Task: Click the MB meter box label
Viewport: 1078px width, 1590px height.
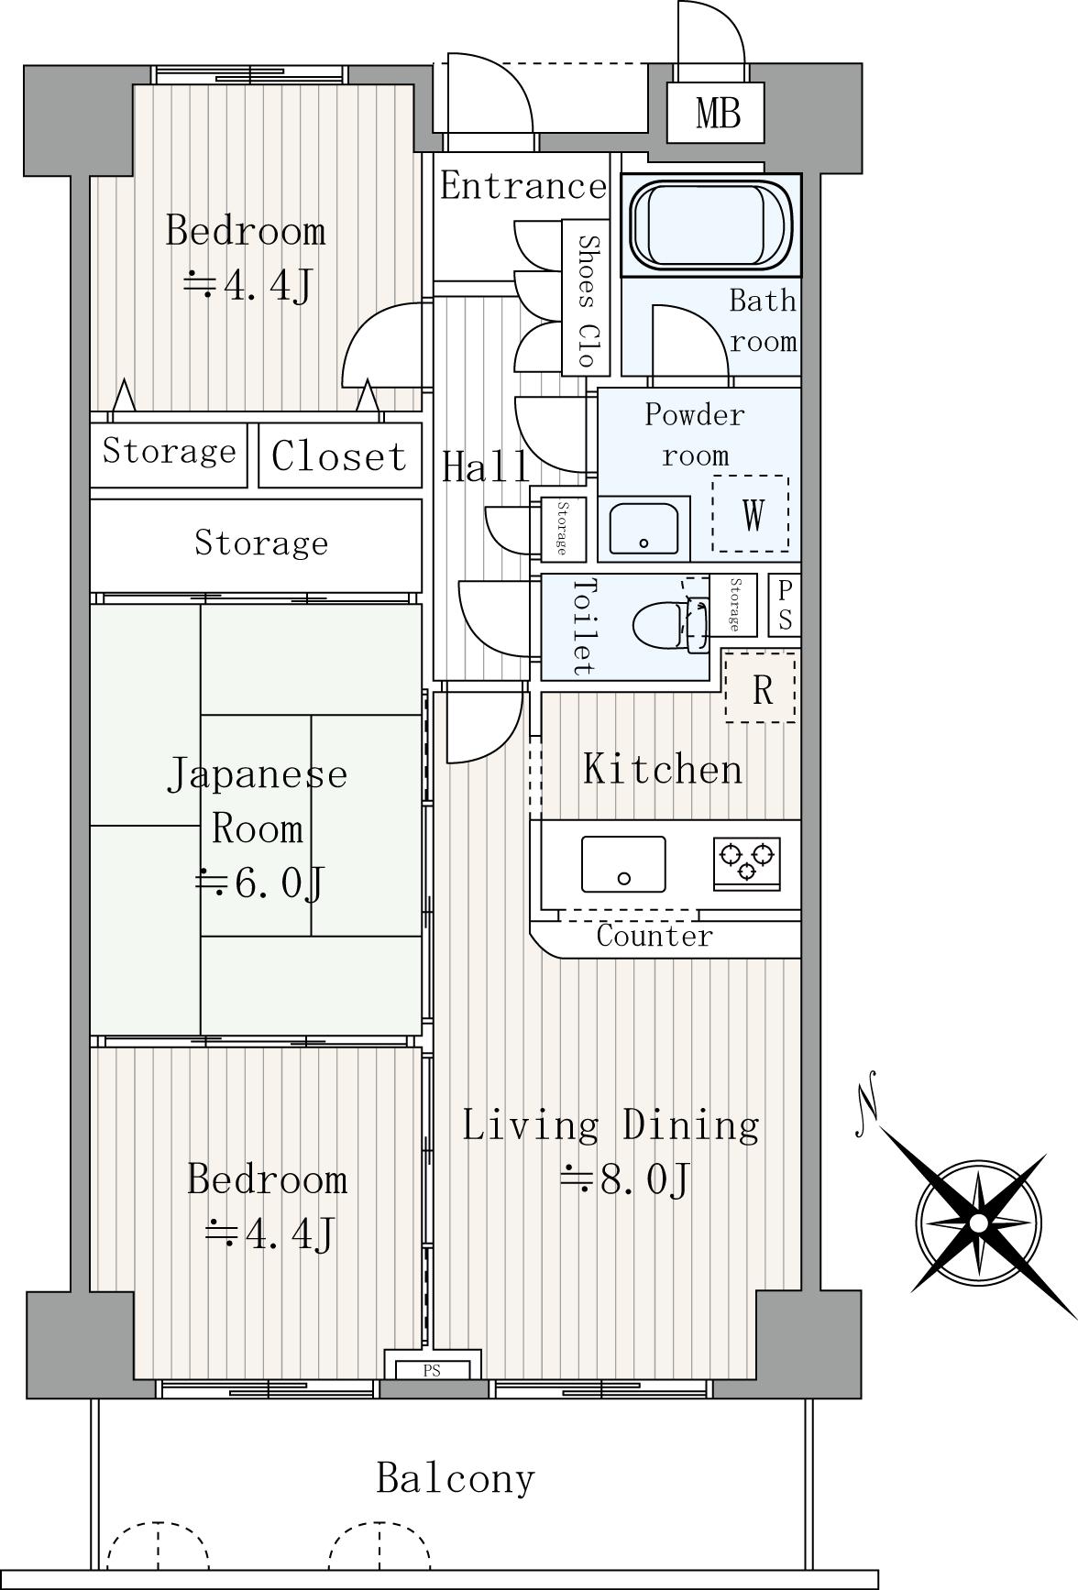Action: point(717,114)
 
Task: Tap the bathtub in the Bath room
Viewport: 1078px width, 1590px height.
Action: point(711,225)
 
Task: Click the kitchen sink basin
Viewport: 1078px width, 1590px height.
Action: point(623,864)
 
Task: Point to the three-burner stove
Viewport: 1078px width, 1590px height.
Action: point(747,862)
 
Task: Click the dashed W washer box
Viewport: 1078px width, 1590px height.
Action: point(751,513)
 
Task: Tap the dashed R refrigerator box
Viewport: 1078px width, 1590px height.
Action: point(761,686)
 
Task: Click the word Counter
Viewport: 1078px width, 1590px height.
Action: point(654,936)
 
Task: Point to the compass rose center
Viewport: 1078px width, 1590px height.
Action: point(979,1223)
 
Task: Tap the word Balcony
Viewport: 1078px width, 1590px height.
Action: point(456,1477)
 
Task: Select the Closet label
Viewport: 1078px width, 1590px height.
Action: point(338,455)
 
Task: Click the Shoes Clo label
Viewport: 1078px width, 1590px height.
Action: point(586,299)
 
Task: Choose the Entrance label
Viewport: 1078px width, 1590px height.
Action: point(523,186)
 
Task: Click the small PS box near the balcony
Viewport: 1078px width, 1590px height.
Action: point(432,1371)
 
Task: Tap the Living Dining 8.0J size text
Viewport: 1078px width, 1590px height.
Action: point(624,1179)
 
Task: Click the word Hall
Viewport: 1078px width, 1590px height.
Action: point(486,466)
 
